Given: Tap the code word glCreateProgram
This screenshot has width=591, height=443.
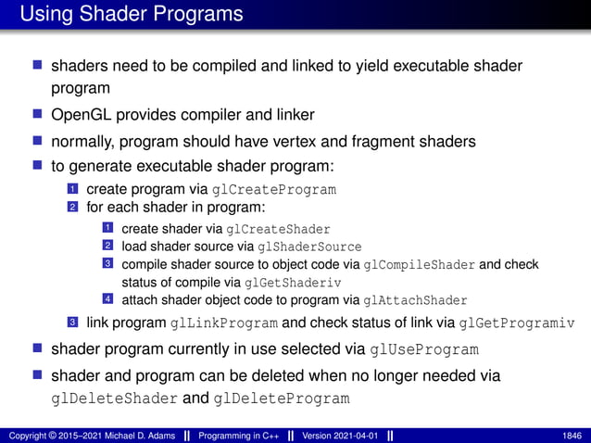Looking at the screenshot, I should click(x=274, y=190).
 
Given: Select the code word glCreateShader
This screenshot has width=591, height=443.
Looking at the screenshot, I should click(x=278, y=229).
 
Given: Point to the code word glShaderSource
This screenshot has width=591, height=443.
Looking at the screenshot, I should click(x=308, y=247).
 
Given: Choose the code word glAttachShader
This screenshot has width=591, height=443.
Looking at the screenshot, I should click(x=416, y=300).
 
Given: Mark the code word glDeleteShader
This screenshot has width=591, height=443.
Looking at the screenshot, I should click(x=114, y=399).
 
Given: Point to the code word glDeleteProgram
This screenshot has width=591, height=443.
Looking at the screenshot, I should click(x=282, y=399).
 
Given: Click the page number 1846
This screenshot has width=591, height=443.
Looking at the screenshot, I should click(x=572, y=436).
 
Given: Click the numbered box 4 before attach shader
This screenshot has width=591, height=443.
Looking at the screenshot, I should click(x=107, y=299).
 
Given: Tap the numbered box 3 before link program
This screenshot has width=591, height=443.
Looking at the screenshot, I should click(x=71, y=323).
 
